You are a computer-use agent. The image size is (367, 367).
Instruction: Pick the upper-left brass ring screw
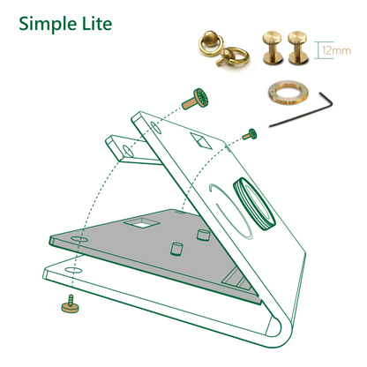[212, 41]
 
